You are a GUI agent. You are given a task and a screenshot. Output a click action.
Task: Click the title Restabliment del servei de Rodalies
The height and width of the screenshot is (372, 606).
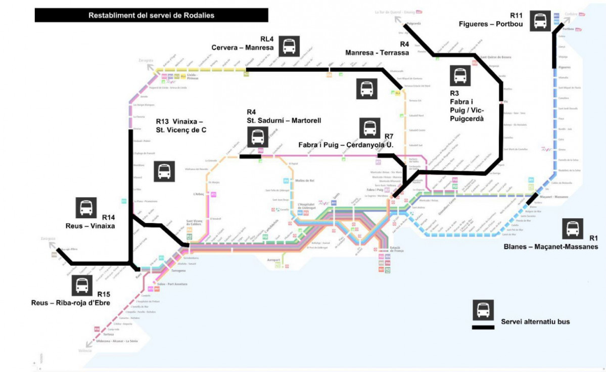(151, 15)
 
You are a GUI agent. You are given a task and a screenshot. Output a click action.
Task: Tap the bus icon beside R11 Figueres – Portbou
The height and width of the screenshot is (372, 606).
(540, 21)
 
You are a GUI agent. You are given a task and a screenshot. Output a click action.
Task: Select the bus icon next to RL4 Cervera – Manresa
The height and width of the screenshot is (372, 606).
(289, 46)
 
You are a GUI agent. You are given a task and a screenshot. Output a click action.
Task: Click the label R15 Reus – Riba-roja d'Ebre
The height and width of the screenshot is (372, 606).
(70, 299)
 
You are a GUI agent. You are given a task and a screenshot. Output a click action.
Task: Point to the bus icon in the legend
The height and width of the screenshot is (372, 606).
(483, 310)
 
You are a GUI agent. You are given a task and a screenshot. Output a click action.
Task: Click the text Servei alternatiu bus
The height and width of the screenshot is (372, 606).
(535, 322)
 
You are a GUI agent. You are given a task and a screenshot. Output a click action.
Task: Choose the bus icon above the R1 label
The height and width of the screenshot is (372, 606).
(573, 228)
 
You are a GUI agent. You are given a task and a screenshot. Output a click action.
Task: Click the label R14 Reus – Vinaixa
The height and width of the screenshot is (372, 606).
(90, 221)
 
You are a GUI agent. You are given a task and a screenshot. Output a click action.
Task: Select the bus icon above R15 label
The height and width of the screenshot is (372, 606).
(82, 286)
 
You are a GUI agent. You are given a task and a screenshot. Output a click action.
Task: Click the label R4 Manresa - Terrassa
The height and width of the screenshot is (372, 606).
(377, 49)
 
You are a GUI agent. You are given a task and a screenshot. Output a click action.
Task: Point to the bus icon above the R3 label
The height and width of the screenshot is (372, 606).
(460, 76)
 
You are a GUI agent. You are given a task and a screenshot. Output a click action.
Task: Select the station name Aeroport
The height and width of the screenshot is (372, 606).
(273, 260)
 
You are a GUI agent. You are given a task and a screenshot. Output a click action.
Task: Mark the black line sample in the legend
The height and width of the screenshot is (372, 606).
(483, 328)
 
